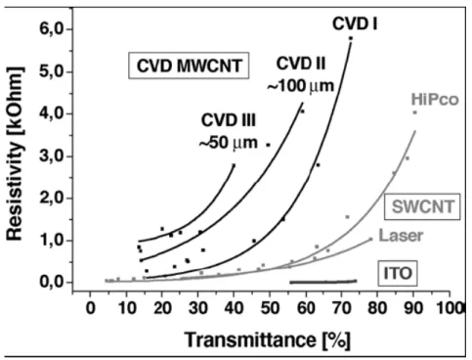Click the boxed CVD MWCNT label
[189, 66]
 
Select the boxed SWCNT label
[422, 206]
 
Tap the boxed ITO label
[398, 273]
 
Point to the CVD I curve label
[355, 23]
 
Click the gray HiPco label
[435, 99]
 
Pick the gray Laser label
[401, 236]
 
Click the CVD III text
[229, 120]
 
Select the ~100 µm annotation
[301, 86]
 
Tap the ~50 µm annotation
[228, 143]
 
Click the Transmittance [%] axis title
[268, 339]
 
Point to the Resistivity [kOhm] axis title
[16, 154]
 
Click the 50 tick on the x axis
[270, 308]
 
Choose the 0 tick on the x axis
[91, 308]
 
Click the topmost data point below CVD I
[351, 38]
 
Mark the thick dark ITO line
[323, 282]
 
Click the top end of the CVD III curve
[234, 165]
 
